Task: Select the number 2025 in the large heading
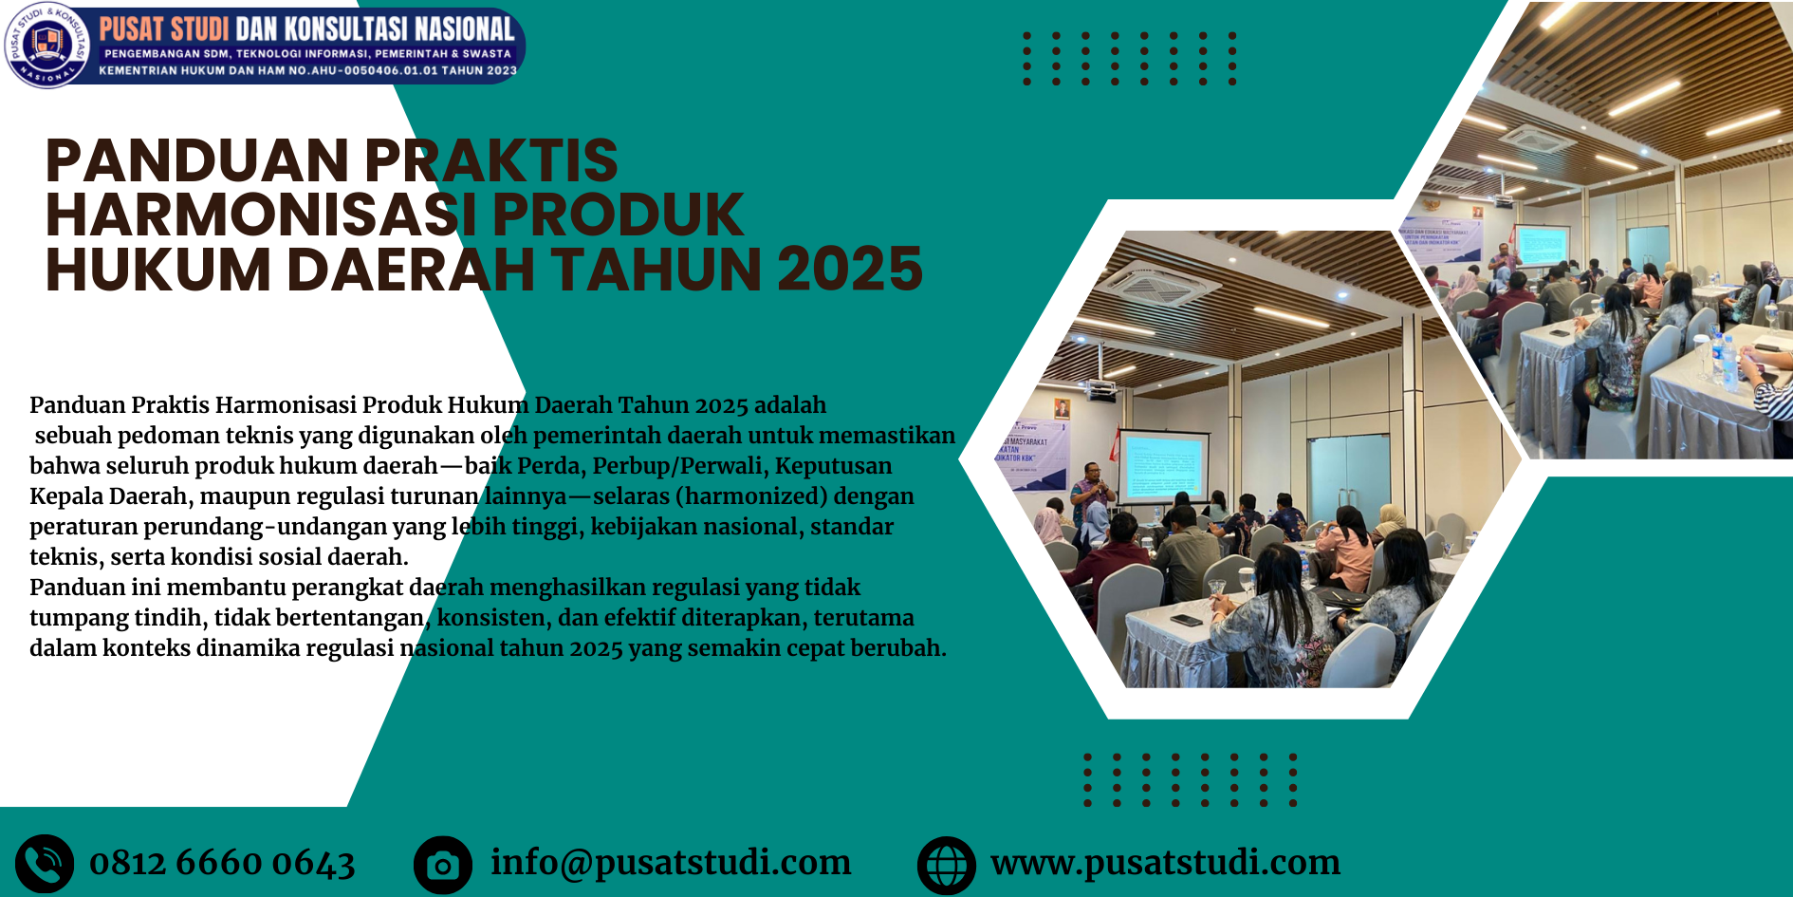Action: click(850, 270)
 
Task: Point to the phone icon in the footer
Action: click(45, 864)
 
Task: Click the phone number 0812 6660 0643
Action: click(222, 863)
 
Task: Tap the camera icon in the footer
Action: click(443, 865)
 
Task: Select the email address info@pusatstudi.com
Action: click(671, 862)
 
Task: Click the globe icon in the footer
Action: click(947, 865)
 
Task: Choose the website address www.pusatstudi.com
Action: click(1165, 862)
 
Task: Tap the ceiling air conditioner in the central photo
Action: click(1150, 282)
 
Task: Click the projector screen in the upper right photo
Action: click(1543, 245)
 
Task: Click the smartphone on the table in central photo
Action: click(1186, 620)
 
